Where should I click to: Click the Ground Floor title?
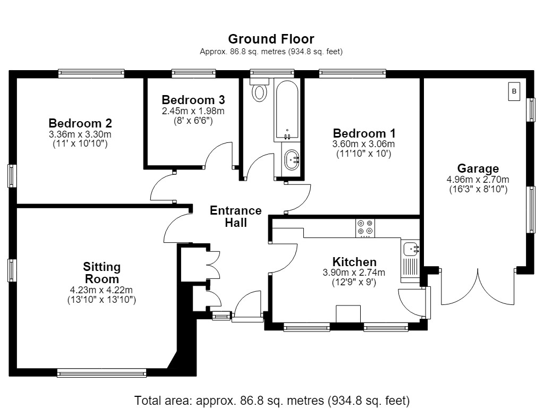[271, 39]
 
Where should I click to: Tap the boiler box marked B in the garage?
[514, 91]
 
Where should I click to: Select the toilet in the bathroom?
[259, 90]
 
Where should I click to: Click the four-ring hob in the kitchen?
[365, 228]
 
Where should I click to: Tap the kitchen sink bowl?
[412, 249]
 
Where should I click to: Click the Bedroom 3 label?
[193, 100]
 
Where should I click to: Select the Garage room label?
[478, 168]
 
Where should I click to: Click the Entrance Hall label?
[235, 217]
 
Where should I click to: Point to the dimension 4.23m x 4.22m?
[101, 290]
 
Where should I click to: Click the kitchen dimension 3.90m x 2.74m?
[354, 273]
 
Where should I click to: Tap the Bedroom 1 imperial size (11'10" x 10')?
[363, 154]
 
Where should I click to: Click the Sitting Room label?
[101, 273]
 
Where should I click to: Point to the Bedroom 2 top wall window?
[91, 73]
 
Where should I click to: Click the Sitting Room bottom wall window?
[101, 373]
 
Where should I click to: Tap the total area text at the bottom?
[271, 401]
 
